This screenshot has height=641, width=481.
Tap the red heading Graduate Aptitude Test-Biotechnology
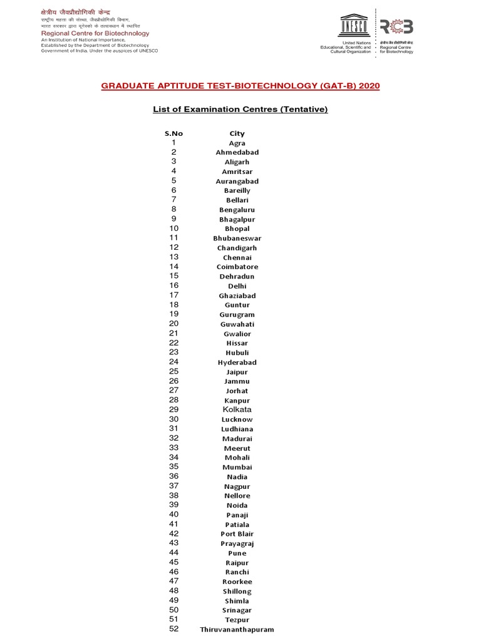tap(240, 86)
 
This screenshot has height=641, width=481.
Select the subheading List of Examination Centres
tap(240, 110)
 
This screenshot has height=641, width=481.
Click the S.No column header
tap(173, 133)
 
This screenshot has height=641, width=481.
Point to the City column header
tap(237, 133)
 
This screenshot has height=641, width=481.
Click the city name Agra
tap(237, 143)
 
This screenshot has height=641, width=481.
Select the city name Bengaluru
tap(237, 210)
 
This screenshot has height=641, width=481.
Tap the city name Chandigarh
tap(237, 248)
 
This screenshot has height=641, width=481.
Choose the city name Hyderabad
tap(237, 362)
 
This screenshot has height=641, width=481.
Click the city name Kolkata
tap(237, 409)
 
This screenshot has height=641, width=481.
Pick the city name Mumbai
tap(237, 467)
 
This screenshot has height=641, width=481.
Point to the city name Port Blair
tap(237, 534)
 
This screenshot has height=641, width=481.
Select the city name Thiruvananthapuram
tap(237, 629)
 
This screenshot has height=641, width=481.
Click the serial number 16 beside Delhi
tap(173, 285)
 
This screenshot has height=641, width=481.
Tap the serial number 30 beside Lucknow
tap(173, 419)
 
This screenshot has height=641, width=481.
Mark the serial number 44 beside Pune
tap(173, 553)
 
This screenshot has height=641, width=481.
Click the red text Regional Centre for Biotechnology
tap(95, 33)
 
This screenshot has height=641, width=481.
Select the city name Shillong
tap(237, 591)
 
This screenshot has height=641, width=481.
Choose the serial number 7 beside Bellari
tap(173, 200)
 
